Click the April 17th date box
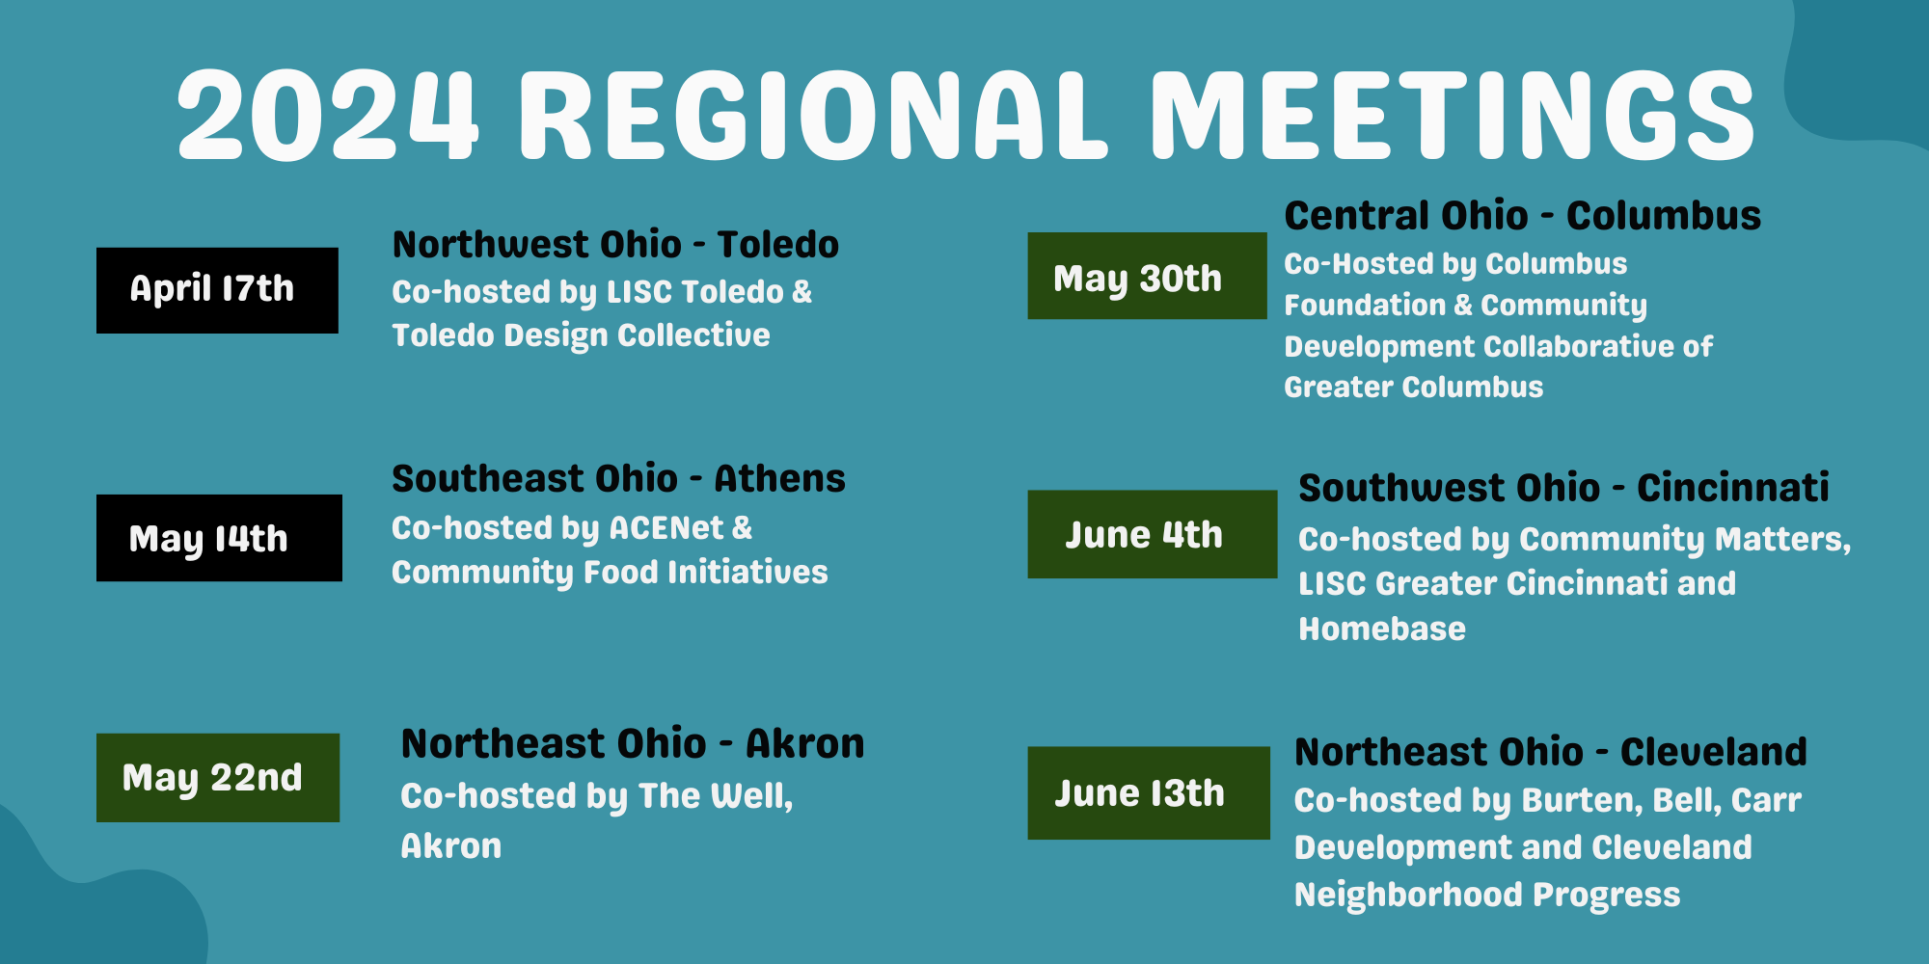tap(217, 290)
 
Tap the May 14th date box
tap(219, 538)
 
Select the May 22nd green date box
tap(217, 778)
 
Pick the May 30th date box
tap(1147, 276)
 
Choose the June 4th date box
tap(1152, 534)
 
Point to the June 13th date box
tap(1148, 792)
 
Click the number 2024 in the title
tap(328, 116)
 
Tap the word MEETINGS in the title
tap(1452, 116)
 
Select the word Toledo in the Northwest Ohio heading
tap(777, 245)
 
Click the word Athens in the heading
tap(779, 479)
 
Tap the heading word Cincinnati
tap(1732, 488)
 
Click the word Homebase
tap(1381, 629)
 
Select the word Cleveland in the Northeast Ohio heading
tap(1713, 752)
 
